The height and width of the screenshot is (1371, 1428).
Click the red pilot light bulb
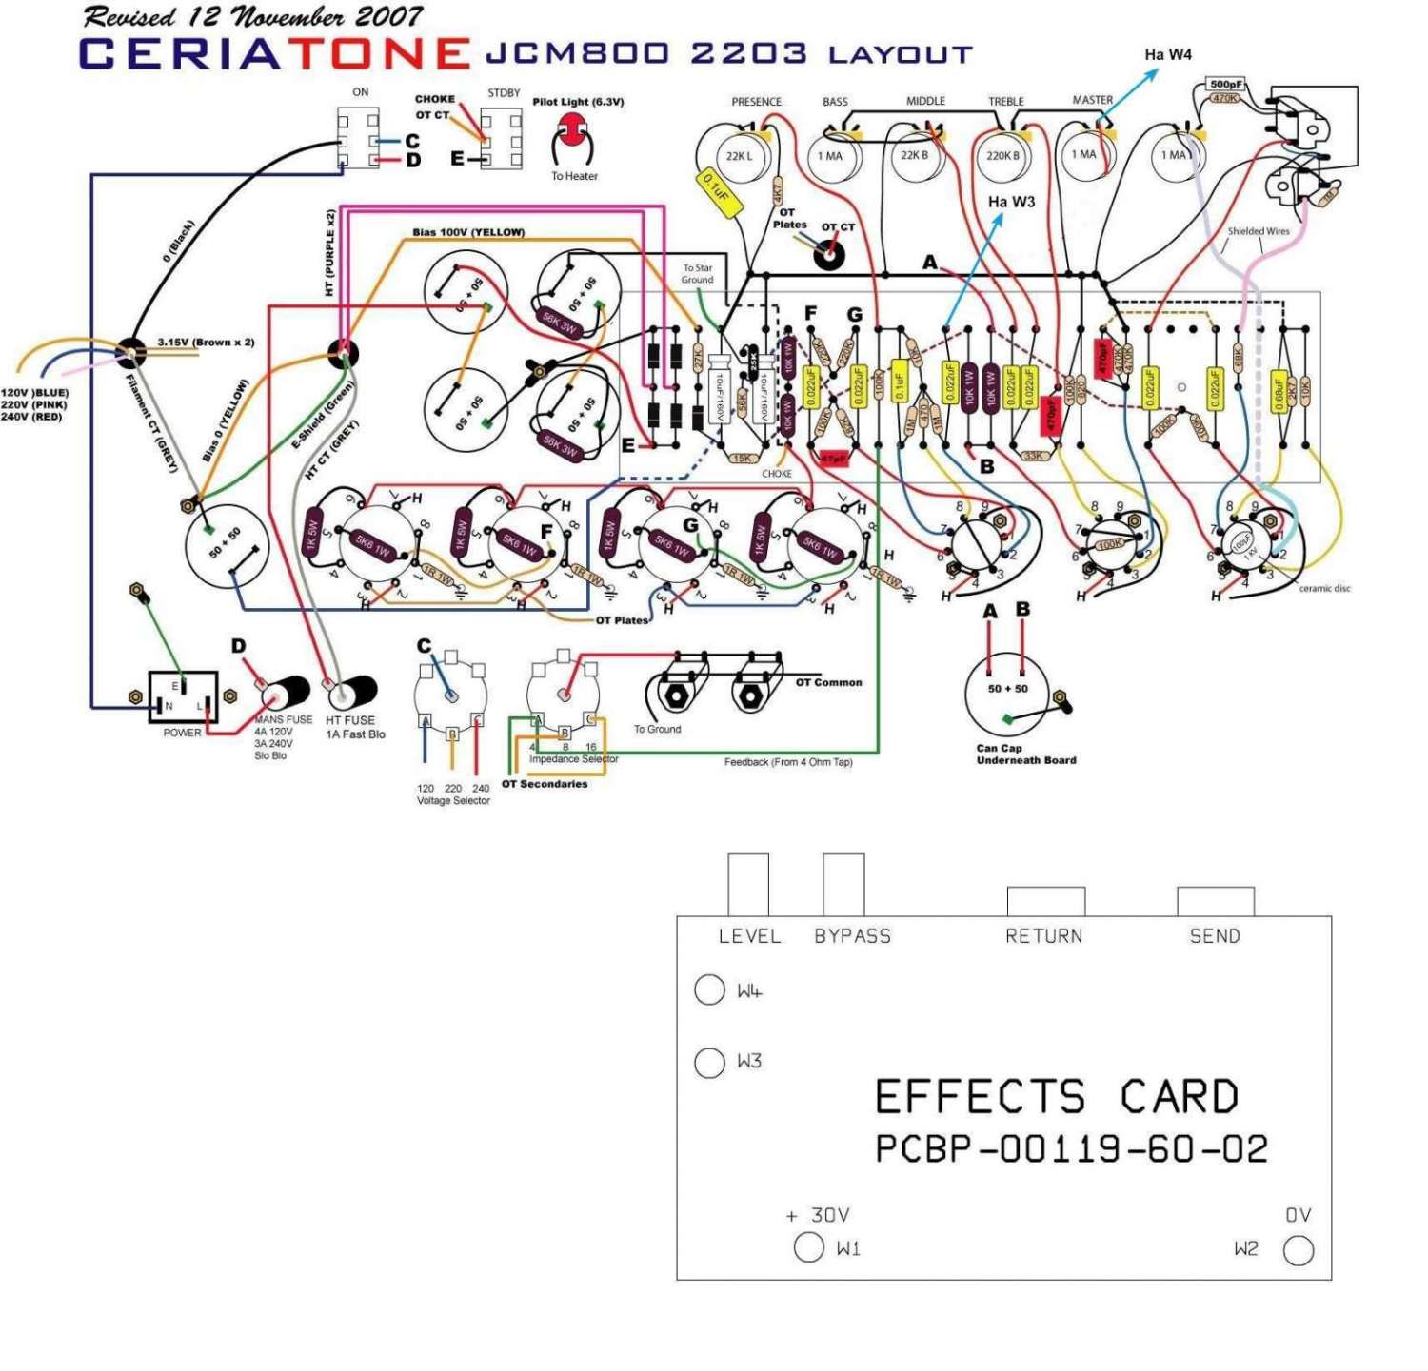tap(573, 127)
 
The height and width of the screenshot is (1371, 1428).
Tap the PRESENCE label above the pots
tap(756, 102)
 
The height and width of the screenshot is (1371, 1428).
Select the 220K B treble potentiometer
tap(1002, 156)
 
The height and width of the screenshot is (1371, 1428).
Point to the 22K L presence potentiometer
tap(738, 156)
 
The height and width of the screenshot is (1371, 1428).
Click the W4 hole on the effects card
tap(709, 990)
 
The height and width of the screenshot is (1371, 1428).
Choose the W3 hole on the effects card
tap(709, 1062)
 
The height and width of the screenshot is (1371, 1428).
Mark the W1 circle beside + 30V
tap(808, 1247)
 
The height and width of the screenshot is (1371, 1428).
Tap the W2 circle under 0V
tap(1299, 1250)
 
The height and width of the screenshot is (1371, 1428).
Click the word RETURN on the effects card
tap(1043, 936)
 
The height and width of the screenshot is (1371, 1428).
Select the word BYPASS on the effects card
tap(852, 936)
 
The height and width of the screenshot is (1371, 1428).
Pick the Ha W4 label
tap(1167, 55)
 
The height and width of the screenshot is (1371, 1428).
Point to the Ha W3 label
tap(1011, 202)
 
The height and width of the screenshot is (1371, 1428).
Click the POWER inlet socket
tap(183, 697)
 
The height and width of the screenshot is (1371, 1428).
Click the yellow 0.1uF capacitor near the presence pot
tap(715, 187)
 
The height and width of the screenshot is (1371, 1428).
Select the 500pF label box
tap(1226, 85)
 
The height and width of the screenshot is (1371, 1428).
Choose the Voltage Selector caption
tap(453, 801)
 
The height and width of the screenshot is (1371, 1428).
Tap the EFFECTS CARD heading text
tap(1056, 1097)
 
